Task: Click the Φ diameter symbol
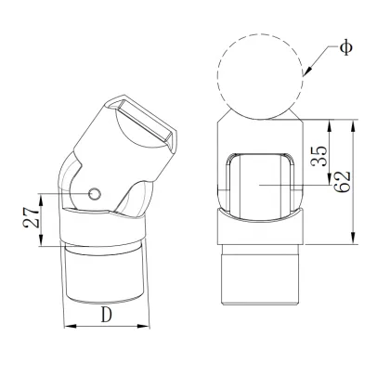(x=346, y=46)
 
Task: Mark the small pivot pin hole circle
(x=95, y=193)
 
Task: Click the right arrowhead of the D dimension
(x=146, y=326)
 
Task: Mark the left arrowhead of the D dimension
(x=65, y=326)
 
